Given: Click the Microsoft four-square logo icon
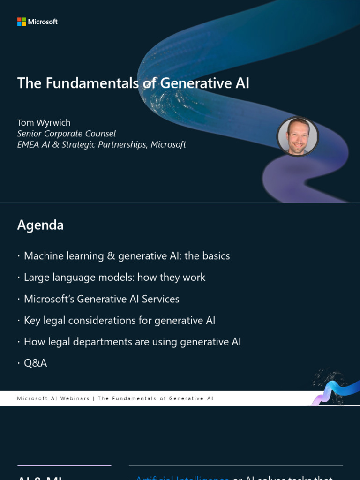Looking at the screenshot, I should pos(22,22).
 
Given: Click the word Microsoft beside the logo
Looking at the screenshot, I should pos(43,22).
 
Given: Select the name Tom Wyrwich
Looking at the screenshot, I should pos(44,123).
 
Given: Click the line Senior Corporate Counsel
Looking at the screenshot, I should pos(66,134).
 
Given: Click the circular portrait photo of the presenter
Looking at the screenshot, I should pos(298,136).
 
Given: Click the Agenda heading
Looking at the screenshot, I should pos(40,225).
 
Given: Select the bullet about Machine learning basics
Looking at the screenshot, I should pos(127,256).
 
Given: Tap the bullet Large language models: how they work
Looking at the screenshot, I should pos(114,277).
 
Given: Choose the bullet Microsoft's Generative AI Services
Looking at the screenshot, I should pos(101,299).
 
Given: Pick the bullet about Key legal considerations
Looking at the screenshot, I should pos(120,321).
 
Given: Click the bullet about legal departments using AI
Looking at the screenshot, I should pos(132,342).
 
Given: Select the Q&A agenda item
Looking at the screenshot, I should pos(35,363).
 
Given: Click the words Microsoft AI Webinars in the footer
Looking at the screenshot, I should pos(53,398).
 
